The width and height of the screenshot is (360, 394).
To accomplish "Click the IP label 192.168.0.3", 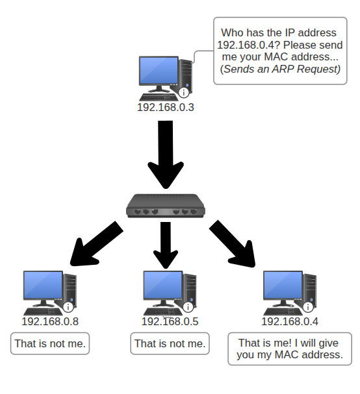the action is (x=166, y=107).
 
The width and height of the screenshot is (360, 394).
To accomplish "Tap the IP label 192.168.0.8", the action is (x=50, y=321).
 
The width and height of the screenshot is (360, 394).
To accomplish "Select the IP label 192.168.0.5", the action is (x=170, y=321).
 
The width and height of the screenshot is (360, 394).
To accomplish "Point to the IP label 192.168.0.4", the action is (x=290, y=321).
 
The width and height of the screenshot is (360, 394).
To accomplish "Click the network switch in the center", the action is (x=166, y=206).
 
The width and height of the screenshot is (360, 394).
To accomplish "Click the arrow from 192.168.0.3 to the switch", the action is (x=166, y=154).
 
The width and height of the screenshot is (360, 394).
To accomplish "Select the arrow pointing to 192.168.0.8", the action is (x=96, y=243).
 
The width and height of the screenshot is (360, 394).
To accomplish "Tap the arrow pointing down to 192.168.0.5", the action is (x=166, y=245).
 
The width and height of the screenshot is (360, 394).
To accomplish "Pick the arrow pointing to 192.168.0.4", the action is (x=232, y=244).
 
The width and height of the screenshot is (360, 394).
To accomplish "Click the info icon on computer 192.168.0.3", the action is (x=184, y=92).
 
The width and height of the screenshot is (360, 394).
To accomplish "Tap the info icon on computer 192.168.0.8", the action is (x=68, y=307).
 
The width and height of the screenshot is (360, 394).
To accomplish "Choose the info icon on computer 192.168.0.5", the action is (x=188, y=307).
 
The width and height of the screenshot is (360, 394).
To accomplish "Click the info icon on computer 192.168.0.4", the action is (x=308, y=307).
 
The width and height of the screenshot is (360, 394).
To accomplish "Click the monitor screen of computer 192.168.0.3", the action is (x=159, y=70).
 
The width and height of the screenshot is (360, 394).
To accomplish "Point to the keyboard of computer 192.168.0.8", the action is (x=43, y=312).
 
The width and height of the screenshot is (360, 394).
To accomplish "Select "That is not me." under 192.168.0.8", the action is (x=50, y=343).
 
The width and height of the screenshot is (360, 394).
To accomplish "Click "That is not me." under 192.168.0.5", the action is (x=170, y=343).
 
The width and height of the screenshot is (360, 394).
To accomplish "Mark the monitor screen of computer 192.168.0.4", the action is (x=283, y=285).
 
